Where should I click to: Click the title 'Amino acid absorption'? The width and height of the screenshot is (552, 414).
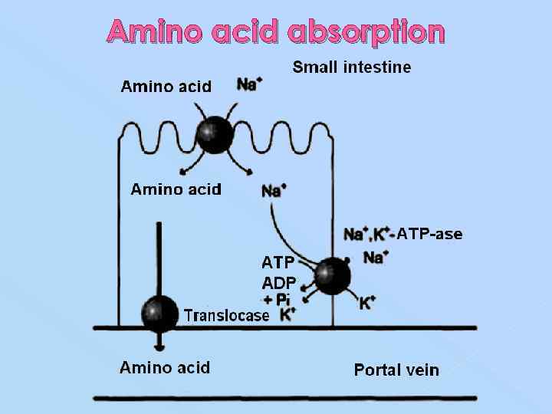coord(276,32)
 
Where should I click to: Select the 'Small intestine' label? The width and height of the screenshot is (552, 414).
coord(352,67)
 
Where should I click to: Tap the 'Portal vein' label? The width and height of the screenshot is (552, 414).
coord(396,370)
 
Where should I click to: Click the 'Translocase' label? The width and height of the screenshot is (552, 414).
coord(226,315)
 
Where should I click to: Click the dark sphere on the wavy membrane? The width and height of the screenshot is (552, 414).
coord(214,135)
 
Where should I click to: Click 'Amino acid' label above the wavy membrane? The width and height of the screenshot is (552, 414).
coord(166,87)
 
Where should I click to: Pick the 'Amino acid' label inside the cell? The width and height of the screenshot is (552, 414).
coord(176,189)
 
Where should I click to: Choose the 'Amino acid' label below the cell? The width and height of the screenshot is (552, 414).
coord(164,368)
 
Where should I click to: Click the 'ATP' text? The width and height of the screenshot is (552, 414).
coord(278,263)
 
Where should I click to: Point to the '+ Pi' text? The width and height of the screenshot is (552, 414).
coord(277,299)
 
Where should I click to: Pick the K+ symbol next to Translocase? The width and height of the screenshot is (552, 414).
coord(288,314)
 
